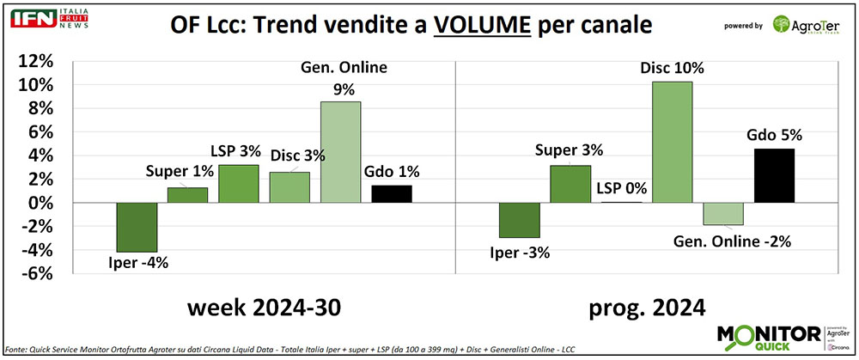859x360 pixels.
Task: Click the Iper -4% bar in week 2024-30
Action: pos(136,227)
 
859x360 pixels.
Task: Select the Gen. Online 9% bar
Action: pos(340,152)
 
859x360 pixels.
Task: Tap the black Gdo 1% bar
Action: pos(392,194)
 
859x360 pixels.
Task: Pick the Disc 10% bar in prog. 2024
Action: pos(670,142)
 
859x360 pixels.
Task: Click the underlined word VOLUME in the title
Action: pos(483,27)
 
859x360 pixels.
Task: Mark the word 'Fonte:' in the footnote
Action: pos(17,351)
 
